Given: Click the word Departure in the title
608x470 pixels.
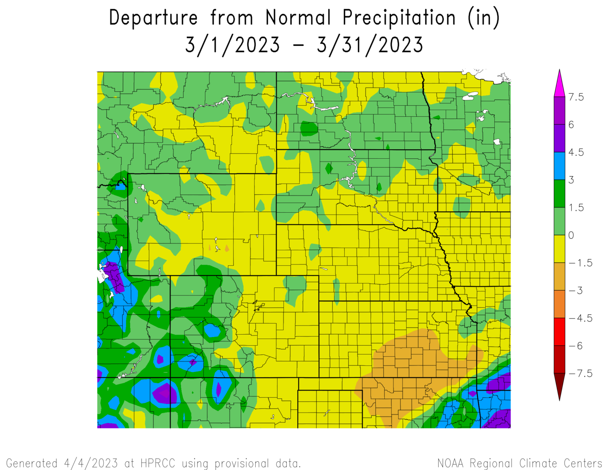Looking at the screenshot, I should (x=153, y=18).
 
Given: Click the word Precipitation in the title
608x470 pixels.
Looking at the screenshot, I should (x=399, y=18).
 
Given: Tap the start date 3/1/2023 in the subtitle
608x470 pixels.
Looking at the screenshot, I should (x=233, y=45).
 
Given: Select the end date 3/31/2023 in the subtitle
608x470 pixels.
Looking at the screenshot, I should (x=370, y=45).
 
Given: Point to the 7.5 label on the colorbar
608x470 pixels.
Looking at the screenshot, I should (x=576, y=97).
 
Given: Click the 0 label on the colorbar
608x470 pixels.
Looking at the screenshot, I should (x=571, y=235).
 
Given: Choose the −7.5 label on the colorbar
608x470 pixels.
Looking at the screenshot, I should (x=581, y=373).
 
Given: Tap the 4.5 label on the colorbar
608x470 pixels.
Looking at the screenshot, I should (x=576, y=152).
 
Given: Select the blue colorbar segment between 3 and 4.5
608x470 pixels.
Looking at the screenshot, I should (x=559, y=166).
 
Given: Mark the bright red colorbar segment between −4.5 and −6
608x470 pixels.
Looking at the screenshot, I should (x=559, y=332).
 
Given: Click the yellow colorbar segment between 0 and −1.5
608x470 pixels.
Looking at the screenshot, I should (x=559, y=249).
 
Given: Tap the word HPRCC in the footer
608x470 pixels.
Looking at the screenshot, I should (x=158, y=463).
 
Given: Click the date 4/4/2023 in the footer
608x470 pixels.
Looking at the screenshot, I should (x=91, y=463).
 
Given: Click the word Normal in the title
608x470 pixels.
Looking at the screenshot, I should (x=298, y=18).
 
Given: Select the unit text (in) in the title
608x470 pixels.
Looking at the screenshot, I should (x=484, y=18).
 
